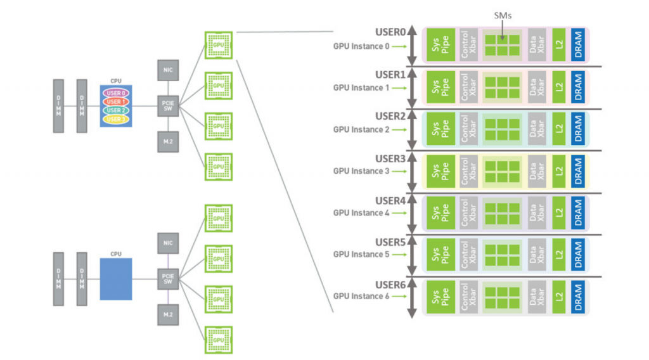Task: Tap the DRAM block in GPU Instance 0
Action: click(577, 44)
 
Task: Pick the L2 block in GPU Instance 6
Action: click(558, 297)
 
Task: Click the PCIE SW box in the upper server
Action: click(168, 105)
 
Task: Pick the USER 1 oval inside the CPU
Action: click(115, 101)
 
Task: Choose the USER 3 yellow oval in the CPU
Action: click(115, 119)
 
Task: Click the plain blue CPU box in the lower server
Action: click(116, 279)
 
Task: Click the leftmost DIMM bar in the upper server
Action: click(58, 106)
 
